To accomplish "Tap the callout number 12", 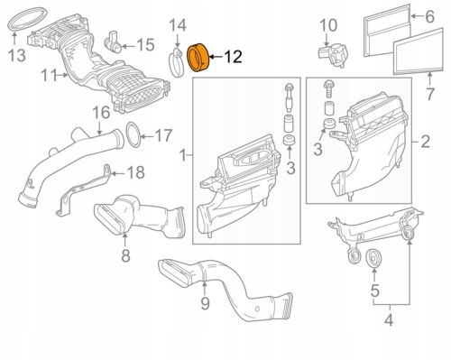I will click(x=232, y=58).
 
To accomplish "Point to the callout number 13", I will click(x=16, y=58).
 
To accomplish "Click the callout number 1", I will click(x=186, y=156).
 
